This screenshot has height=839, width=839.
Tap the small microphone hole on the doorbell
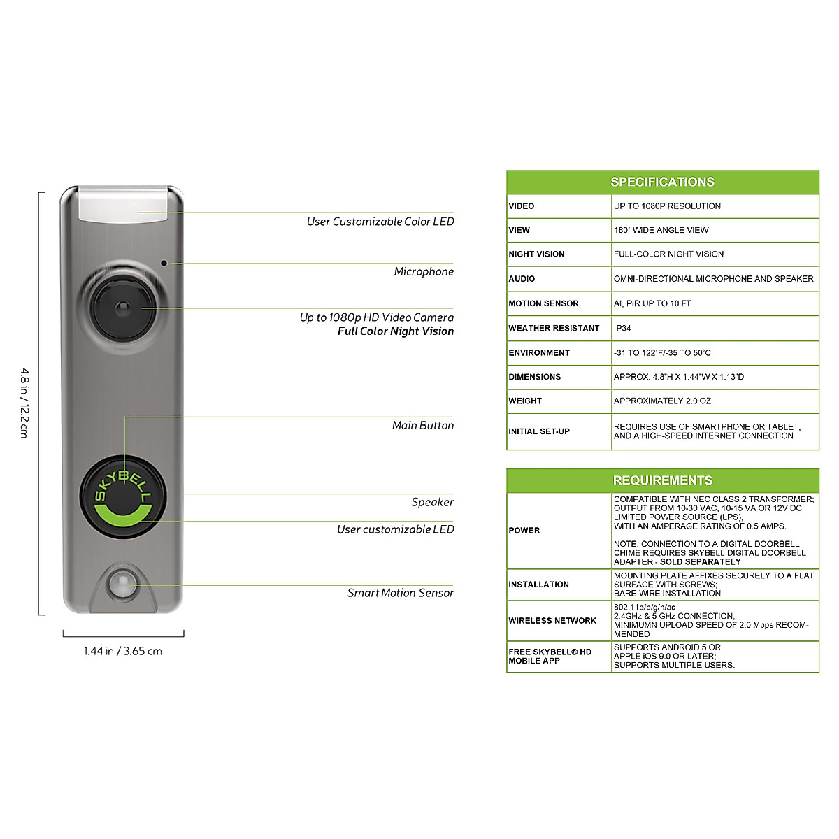(x=164, y=264)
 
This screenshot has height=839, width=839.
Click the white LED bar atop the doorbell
(x=124, y=204)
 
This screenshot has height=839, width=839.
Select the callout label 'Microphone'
(x=424, y=271)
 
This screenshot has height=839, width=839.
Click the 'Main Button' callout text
(x=422, y=425)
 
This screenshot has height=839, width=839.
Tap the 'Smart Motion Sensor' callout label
(x=400, y=593)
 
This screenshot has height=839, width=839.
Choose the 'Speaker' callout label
(x=432, y=502)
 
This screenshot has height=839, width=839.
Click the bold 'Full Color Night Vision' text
(x=395, y=331)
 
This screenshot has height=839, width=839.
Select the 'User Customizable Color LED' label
(x=380, y=222)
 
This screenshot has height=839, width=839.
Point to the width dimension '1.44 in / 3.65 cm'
(x=123, y=651)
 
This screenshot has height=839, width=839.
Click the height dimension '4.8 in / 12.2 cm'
(x=24, y=403)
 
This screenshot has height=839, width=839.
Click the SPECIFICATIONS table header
(x=662, y=182)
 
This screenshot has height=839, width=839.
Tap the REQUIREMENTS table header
(x=662, y=480)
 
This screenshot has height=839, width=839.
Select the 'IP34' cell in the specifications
(x=622, y=328)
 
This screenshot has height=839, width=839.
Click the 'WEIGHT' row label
(x=525, y=401)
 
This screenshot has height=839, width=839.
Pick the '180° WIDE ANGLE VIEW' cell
(x=661, y=230)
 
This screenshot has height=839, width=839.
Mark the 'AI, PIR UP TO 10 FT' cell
(x=652, y=303)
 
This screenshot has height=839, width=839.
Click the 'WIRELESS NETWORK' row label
(x=552, y=620)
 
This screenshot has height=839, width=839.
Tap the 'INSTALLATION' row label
(x=538, y=585)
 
